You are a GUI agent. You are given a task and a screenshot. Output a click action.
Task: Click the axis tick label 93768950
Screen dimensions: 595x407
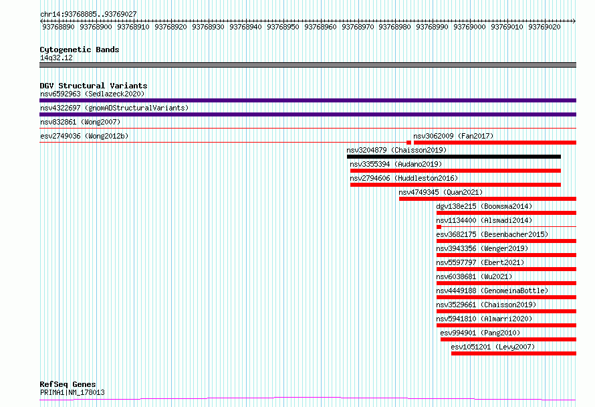click(x=283, y=27)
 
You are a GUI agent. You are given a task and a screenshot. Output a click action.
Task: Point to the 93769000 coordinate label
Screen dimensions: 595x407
click(x=469, y=27)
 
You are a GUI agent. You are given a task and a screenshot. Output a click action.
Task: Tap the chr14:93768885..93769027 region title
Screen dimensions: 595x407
click(x=88, y=14)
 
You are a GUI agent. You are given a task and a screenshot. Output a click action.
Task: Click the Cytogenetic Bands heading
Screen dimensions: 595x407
click(x=80, y=50)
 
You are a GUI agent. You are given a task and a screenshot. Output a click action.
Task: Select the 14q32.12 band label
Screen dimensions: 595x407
click(x=56, y=58)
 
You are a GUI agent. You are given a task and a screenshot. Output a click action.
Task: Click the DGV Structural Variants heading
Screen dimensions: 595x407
click(x=94, y=86)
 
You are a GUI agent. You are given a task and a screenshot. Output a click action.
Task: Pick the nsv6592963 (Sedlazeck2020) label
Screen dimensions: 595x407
click(x=92, y=94)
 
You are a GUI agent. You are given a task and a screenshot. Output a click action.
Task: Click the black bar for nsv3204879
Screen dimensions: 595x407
click(x=454, y=157)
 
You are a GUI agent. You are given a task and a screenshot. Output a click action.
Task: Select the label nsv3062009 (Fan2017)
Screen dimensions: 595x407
click(x=453, y=136)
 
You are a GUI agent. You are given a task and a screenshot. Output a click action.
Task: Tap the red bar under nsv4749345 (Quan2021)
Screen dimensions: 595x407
click(x=487, y=199)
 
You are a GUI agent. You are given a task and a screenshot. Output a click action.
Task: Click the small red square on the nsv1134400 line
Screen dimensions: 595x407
click(x=439, y=227)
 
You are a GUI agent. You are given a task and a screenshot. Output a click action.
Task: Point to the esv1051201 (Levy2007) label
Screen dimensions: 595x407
click(x=493, y=347)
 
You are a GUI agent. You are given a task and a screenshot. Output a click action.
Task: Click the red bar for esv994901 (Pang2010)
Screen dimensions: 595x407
click(x=509, y=339)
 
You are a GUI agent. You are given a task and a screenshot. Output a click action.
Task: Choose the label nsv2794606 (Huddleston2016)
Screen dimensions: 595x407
click(x=404, y=178)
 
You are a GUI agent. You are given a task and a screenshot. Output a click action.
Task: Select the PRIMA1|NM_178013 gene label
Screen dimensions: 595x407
click(x=72, y=392)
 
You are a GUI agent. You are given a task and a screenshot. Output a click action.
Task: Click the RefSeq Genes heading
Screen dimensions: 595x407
click(x=68, y=384)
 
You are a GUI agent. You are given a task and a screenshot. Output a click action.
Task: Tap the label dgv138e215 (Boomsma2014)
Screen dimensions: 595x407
click(x=484, y=206)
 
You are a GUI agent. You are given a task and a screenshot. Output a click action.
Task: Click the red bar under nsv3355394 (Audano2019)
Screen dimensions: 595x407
click(x=455, y=171)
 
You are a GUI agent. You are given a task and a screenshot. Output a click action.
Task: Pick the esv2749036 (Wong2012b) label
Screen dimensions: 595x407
click(x=84, y=136)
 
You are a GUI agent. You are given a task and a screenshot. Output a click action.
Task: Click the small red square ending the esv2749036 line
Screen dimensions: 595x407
click(x=408, y=143)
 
